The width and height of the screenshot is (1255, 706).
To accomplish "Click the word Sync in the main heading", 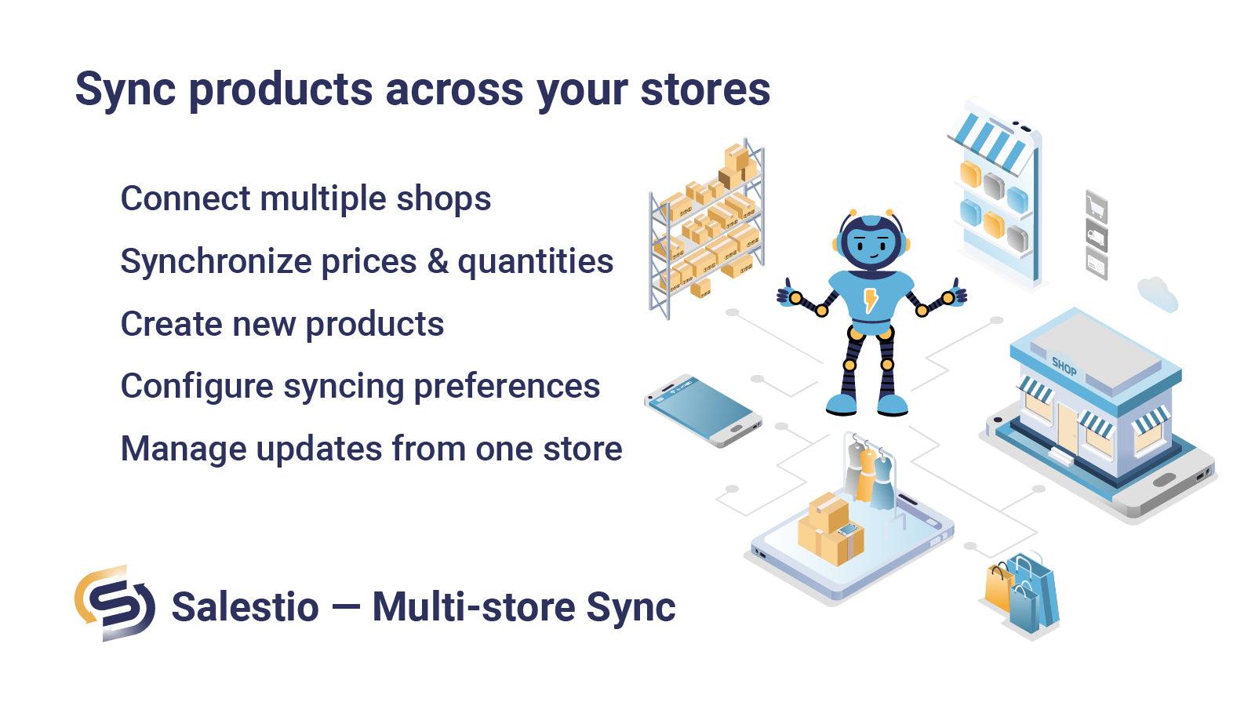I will pyautogui.click(x=125, y=89).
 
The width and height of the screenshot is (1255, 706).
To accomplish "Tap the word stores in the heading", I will pyautogui.click(x=705, y=89).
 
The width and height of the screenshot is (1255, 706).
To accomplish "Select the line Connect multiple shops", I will pyautogui.click(x=305, y=198).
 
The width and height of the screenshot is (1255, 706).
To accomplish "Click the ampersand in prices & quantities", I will pyautogui.click(x=437, y=261).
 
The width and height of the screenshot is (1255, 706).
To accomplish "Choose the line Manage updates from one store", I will pyautogui.click(x=370, y=449).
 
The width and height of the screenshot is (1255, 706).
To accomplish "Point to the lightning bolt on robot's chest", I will pyautogui.click(x=871, y=300).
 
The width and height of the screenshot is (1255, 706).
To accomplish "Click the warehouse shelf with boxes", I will pyautogui.click(x=706, y=227).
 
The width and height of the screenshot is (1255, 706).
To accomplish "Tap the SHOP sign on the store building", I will pyautogui.click(x=1064, y=365).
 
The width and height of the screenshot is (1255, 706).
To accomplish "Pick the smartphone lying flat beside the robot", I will pyautogui.click(x=702, y=409).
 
